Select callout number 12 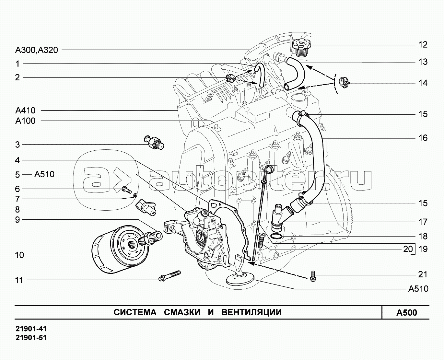pos(423,44)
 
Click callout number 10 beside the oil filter pos(19,255)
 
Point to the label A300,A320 pos(36,50)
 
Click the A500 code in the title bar pos(407,313)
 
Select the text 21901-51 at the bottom pos(31,338)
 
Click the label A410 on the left pos(25,110)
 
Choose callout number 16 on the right pos(423,138)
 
